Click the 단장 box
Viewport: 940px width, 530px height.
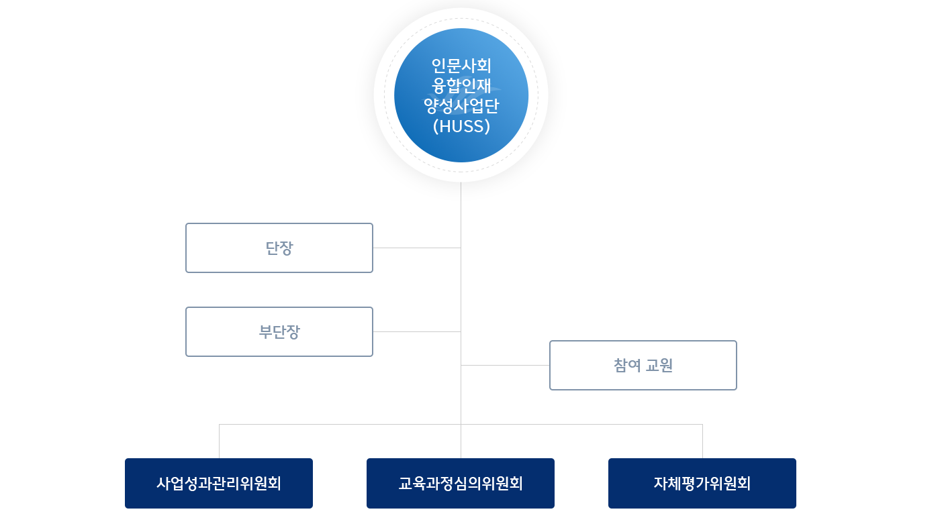[x=279, y=248]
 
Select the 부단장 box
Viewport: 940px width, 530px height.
[x=279, y=332]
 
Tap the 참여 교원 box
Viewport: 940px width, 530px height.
[x=643, y=366]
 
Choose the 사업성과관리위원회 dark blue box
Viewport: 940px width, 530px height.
[x=219, y=484]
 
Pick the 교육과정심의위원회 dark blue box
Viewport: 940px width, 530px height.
[x=461, y=484]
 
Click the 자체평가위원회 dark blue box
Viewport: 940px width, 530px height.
[x=702, y=484]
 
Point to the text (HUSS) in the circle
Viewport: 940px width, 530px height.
[x=461, y=125]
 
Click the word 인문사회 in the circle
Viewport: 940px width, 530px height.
[x=461, y=66]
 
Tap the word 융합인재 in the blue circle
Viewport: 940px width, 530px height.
[x=461, y=86]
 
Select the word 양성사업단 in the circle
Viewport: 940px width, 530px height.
[x=461, y=105]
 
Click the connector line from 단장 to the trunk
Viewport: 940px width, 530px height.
[x=416, y=248]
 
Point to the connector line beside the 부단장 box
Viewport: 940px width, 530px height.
[x=416, y=331]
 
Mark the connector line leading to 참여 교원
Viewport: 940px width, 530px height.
[x=505, y=365]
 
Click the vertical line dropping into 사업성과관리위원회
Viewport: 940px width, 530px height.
[x=219, y=441]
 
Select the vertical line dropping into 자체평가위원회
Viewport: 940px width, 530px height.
[x=702, y=441]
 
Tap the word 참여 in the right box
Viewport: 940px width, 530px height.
[x=627, y=366]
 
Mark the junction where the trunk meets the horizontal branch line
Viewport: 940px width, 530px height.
[x=461, y=424]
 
